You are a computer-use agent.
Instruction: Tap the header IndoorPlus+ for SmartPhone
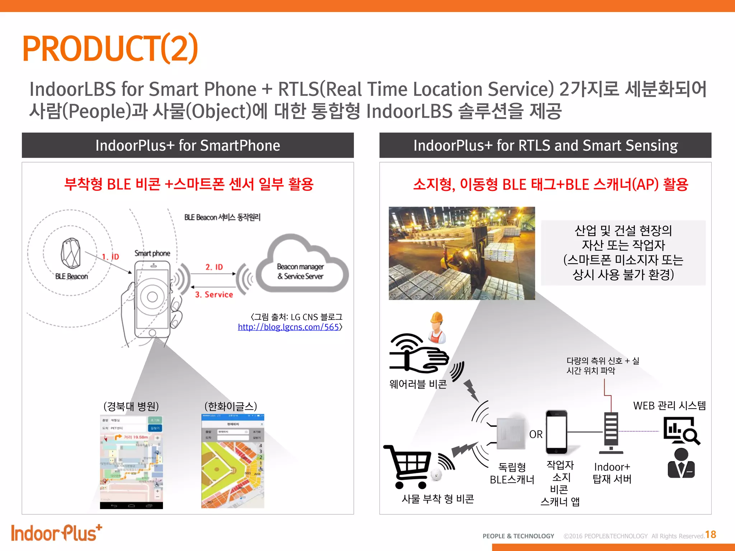tap(188, 146)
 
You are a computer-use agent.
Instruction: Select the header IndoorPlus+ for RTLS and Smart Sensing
tap(545, 146)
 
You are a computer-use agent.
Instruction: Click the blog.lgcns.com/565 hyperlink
tap(289, 327)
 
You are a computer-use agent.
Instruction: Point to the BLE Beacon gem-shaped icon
tap(71, 253)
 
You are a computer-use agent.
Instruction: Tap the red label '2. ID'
tap(214, 267)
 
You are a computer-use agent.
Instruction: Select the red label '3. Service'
tap(214, 295)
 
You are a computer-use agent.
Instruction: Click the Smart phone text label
tap(152, 253)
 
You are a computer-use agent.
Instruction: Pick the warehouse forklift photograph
tap(462, 253)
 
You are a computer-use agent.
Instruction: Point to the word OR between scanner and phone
tap(536, 434)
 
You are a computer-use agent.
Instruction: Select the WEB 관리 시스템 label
tap(669, 406)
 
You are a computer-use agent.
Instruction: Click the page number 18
tap(711, 534)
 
